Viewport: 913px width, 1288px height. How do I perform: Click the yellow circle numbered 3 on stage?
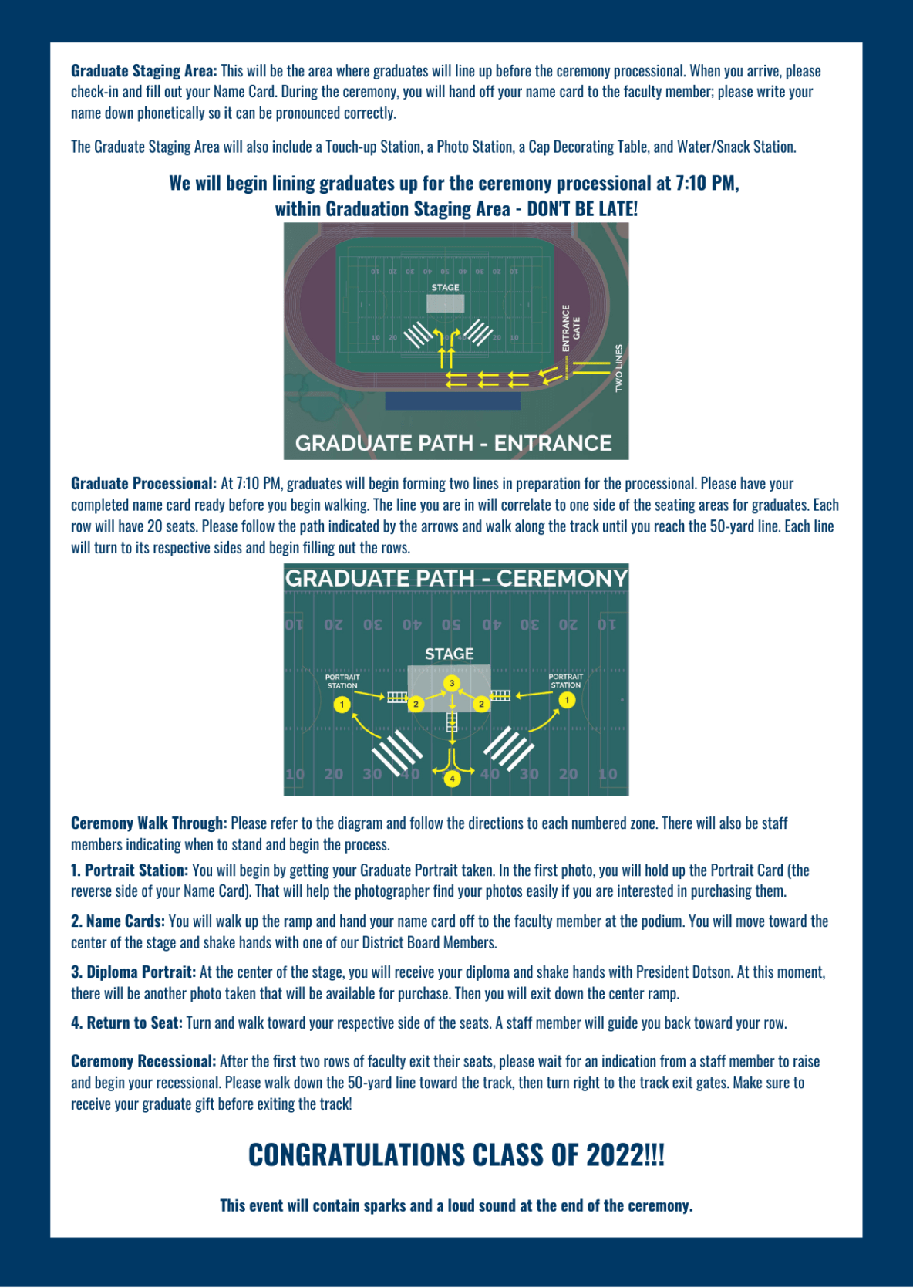point(452,683)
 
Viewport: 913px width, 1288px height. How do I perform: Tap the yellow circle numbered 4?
point(452,778)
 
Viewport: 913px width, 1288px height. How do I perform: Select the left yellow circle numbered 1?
point(342,705)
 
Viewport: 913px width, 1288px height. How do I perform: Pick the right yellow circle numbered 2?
point(481,704)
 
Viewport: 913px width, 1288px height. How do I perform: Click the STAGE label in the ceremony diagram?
point(449,654)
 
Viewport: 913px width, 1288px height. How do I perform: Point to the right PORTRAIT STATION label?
point(565,681)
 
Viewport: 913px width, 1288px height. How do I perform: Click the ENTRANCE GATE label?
point(571,328)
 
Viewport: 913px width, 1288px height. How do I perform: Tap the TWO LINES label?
point(618,368)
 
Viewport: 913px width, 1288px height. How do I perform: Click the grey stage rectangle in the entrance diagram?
point(445,303)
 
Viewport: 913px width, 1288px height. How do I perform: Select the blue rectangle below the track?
point(453,401)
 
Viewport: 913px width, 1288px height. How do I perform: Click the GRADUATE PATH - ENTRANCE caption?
point(453,443)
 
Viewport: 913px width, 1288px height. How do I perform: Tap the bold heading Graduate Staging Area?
point(144,71)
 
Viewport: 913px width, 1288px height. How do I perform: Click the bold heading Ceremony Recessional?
point(143,1061)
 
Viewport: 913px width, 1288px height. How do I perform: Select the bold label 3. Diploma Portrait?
point(133,972)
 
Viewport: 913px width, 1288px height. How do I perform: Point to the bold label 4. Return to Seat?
point(126,1023)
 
